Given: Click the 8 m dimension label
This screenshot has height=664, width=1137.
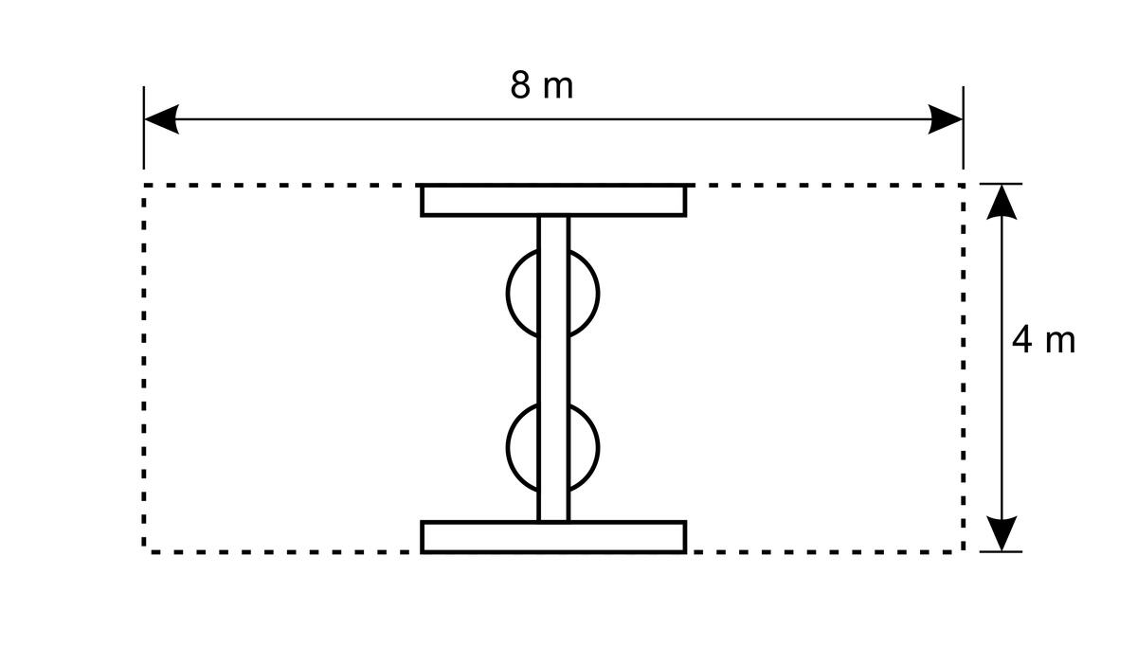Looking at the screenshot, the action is point(542,85).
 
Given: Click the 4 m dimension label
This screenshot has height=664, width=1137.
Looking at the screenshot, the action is point(1043,339).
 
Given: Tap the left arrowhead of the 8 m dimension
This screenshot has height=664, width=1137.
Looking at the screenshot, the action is point(161,119).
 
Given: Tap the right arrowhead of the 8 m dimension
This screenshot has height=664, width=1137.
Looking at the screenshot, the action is point(946,119).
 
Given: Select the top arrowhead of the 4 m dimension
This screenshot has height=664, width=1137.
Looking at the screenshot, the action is point(1002,202).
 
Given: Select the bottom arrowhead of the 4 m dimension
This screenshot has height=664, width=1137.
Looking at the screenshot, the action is point(1002,533).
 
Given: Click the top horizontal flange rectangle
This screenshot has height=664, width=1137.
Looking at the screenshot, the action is point(553,201).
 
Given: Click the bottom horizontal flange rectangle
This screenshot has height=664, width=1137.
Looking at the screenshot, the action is point(553,537).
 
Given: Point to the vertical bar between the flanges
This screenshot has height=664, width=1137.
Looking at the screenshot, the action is point(553,368).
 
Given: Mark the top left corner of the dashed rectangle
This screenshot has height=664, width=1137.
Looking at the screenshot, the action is point(144,186).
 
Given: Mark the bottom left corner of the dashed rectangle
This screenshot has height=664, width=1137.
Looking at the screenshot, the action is point(144,551).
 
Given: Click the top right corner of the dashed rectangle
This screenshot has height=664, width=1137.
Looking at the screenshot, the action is point(963,186).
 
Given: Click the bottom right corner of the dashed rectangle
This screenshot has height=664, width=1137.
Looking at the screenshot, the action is point(963,551).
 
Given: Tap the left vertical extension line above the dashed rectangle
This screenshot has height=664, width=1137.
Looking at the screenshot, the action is point(144,127).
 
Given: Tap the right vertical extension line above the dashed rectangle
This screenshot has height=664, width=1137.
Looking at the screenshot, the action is point(963,127).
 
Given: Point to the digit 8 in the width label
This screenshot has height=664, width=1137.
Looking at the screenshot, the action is point(520,85).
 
